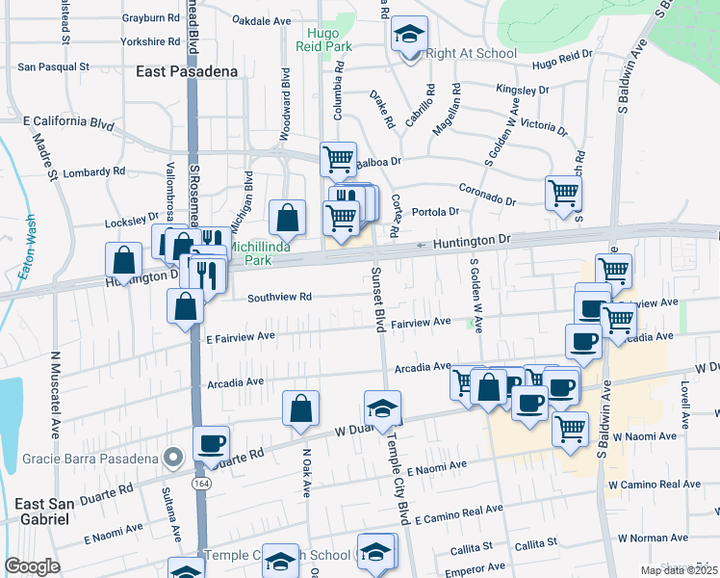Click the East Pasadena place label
183,71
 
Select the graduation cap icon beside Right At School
409,37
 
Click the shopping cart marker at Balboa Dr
338,159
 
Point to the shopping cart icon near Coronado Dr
563,192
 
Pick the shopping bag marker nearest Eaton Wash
124,260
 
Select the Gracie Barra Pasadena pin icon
173,457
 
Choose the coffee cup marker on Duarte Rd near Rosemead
211,444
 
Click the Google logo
32,566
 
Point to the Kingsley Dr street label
523,90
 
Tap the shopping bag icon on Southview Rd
185,306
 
